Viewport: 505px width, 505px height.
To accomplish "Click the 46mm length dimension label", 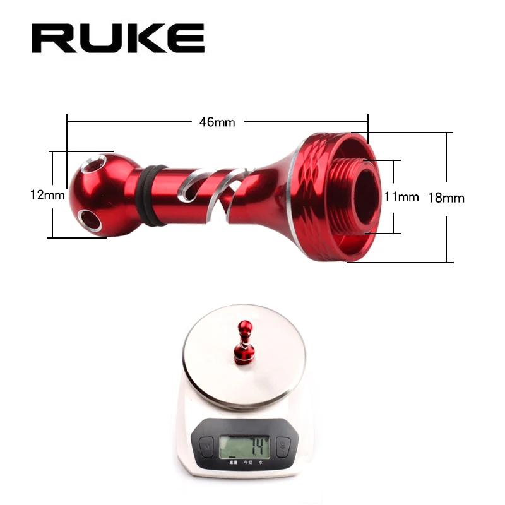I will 217,122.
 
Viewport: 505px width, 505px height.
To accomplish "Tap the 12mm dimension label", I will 47,195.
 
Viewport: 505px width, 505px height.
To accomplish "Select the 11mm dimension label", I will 401,196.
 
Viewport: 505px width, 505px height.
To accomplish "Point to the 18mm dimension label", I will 446,198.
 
